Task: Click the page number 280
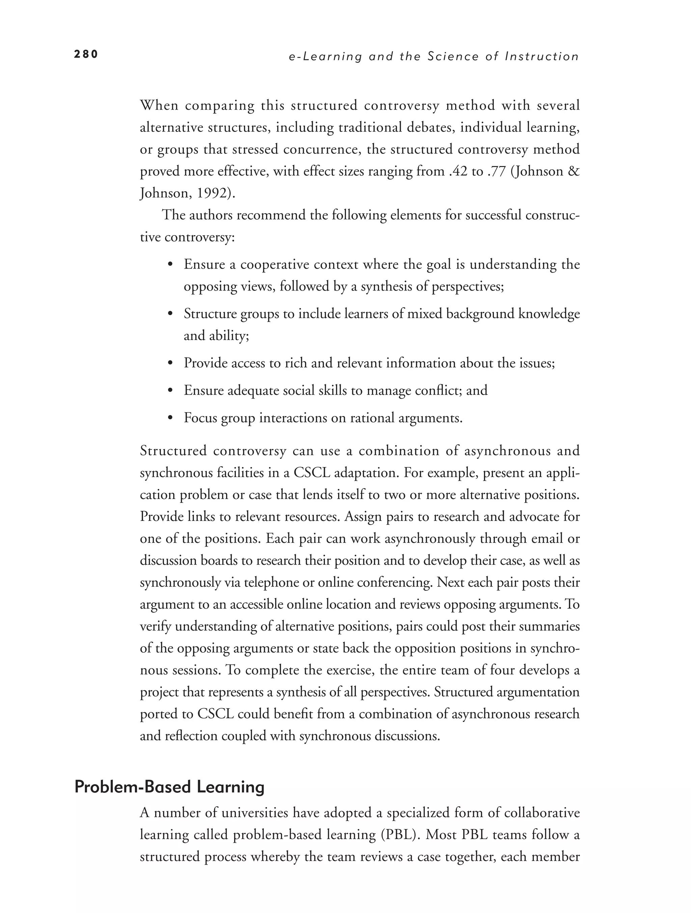click(x=86, y=54)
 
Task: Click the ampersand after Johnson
click(x=574, y=171)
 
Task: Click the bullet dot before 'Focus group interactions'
click(x=170, y=418)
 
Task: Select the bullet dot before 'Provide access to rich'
click(x=170, y=363)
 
